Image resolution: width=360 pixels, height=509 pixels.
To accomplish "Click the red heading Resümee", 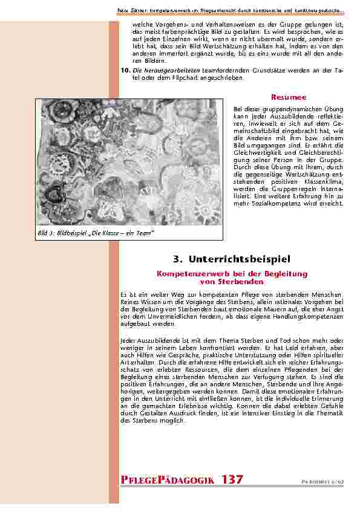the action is click(288, 97).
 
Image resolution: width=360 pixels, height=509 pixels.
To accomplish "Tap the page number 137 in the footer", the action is click(232, 479).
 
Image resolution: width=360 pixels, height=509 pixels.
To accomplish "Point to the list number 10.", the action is click(125, 70).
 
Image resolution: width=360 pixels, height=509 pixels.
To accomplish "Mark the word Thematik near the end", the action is click(329, 413).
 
